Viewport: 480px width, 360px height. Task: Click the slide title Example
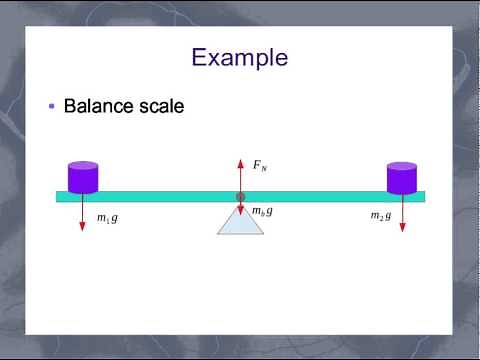pos(240,57)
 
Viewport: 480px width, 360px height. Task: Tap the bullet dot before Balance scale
pos(52,107)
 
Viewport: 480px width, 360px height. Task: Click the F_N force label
pos(260,166)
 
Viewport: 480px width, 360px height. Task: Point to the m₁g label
pos(107,217)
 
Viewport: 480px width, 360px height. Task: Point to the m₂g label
pos(381,216)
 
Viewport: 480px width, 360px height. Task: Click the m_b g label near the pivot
pos(262,211)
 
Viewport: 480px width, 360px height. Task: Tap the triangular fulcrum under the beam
pos(240,222)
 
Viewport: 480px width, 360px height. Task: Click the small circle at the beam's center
pos(240,197)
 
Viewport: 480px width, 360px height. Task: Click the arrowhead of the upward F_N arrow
pos(240,160)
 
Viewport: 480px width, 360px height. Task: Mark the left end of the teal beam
pos(58,196)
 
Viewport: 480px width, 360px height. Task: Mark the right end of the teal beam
pos(423,196)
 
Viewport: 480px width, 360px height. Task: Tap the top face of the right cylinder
pos(401,166)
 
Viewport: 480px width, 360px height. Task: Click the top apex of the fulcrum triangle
pos(240,204)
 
